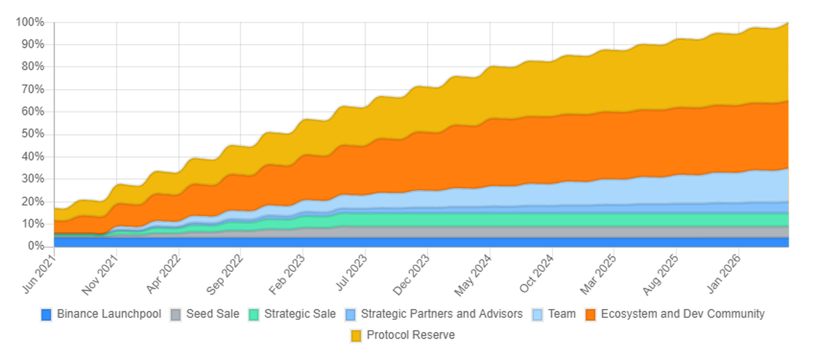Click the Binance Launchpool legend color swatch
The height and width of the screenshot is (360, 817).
46,314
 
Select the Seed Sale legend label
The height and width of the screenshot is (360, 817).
212,314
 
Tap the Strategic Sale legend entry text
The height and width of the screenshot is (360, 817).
300,314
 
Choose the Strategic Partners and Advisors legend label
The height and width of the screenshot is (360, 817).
441,314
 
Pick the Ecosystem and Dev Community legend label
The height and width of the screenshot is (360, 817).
682,314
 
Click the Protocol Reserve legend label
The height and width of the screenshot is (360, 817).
411,336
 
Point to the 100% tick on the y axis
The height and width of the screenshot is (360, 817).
30,22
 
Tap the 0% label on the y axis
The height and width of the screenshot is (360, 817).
35,246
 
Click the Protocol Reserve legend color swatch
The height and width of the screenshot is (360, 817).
357,336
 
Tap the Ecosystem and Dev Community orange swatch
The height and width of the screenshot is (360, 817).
591,314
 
